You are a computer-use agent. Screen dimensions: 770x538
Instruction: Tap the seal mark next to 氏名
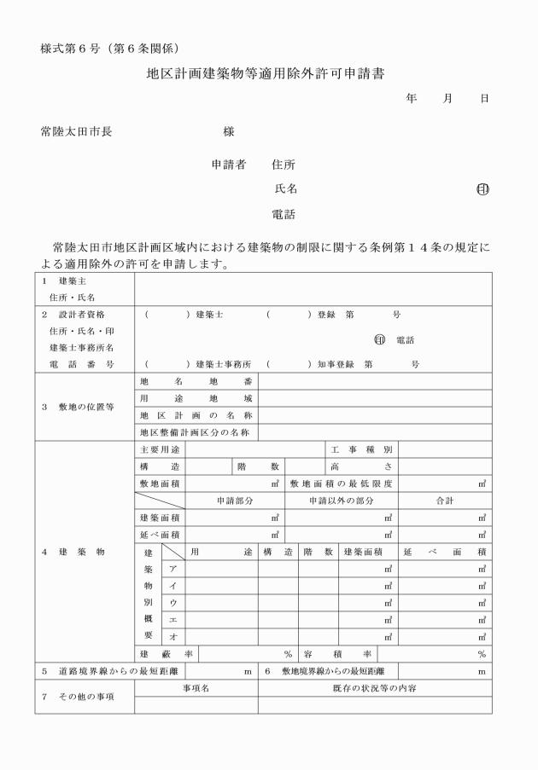(x=482, y=189)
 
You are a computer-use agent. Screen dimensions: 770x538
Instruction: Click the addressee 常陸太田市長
(x=76, y=132)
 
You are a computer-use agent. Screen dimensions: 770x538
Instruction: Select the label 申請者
(x=228, y=164)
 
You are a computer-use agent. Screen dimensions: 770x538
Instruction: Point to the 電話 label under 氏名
(x=284, y=213)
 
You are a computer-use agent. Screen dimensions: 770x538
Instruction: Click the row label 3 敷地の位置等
(x=79, y=406)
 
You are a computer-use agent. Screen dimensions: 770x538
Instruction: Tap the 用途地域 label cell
(x=196, y=398)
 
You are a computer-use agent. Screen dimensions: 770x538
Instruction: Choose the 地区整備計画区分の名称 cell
(x=196, y=432)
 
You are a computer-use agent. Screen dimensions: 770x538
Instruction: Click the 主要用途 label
(x=160, y=449)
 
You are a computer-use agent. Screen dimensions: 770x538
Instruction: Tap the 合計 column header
(x=445, y=500)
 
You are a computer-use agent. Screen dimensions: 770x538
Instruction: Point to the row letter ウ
(x=174, y=602)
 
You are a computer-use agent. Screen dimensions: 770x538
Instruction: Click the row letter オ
(x=174, y=636)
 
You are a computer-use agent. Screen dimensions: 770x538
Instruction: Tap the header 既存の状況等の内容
(x=375, y=687)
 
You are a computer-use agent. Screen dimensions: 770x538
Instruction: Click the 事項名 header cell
(x=196, y=687)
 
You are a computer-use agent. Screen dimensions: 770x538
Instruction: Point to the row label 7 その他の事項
(x=79, y=696)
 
